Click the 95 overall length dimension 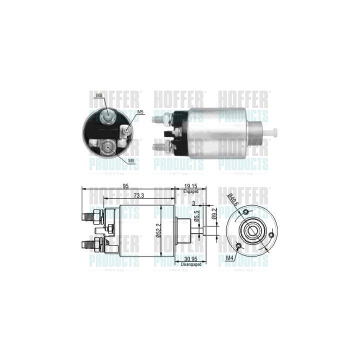click(125, 186)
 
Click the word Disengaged click(190, 264)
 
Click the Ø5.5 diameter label click(197, 216)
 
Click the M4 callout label click(229, 257)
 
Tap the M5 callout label click(140, 112)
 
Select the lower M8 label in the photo click(131, 161)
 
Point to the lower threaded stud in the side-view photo click(161, 147)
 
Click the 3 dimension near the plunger click(193, 203)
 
